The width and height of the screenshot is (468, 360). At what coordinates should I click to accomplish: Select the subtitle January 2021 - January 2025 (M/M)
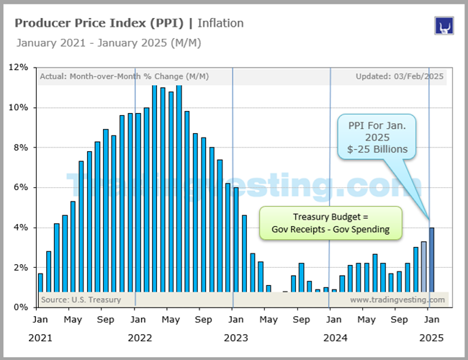click(x=108, y=42)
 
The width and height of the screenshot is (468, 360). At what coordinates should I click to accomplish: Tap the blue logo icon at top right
click(x=444, y=26)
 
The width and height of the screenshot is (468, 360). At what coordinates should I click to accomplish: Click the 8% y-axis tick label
click(x=19, y=147)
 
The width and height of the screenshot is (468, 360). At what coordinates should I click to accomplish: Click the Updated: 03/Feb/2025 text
click(x=400, y=76)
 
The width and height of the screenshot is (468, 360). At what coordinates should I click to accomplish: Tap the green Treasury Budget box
click(x=330, y=222)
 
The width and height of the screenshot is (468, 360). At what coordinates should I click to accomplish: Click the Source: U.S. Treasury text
click(x=81, y=300)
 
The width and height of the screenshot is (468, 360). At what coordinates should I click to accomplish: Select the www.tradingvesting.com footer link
click(x=397, y=300)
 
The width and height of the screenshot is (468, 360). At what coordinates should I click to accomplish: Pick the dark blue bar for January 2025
click(x=432, y=260)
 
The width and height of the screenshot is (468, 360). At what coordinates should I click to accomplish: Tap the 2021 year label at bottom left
click(x=41, y=337)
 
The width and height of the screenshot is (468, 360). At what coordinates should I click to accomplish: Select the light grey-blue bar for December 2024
click(x=424, y=266)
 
